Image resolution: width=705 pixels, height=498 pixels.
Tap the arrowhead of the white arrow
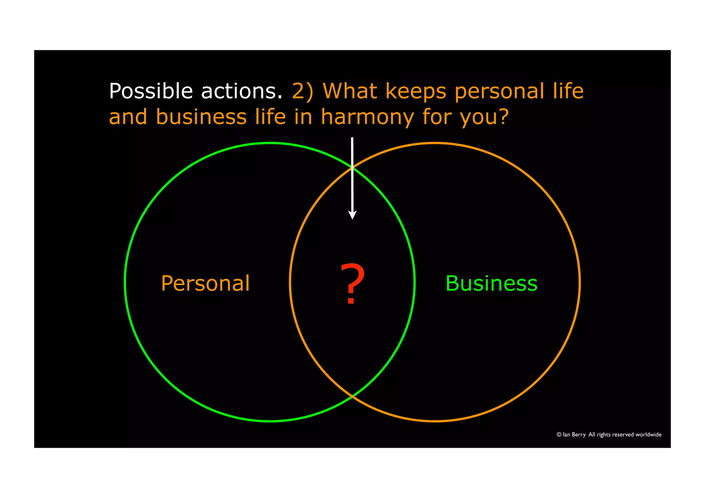click(352, 215)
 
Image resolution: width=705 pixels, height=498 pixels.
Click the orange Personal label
click(205, 284)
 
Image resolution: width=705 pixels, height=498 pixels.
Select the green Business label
click(491, 284)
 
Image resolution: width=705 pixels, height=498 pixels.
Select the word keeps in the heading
click(416, 92)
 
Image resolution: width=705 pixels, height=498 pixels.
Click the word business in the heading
click(201, 117)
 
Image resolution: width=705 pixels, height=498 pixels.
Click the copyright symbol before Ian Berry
click(559, 435)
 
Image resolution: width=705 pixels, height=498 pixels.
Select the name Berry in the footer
click(579, 435)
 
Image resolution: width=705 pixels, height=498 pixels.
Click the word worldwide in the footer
click(648, 435)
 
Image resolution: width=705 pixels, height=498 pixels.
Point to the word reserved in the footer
click(623, 435)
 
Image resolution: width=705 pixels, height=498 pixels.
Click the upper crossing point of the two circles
click(352, 168)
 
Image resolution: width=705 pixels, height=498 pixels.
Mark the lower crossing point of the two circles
click(352, 397)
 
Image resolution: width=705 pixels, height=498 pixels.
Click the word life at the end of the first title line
click(568, 91)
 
